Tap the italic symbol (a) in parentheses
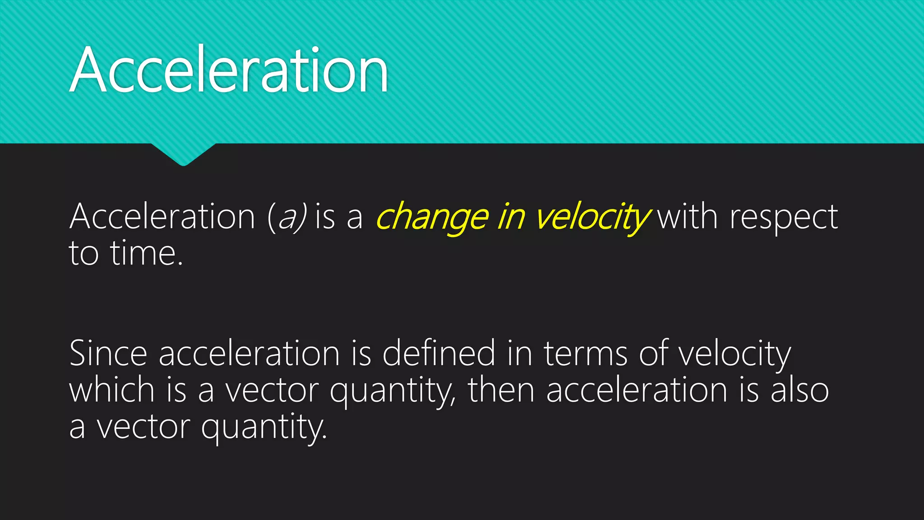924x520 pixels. point(287,218)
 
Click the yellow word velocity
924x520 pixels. point(592,218)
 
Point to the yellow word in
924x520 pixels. point(511,217)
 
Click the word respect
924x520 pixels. point(784,218)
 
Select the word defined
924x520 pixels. point(439,353)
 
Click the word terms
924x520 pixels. point(585,353)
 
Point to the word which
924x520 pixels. point(112,390)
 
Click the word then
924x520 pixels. point(501,390)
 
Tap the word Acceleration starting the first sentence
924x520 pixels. point(162,217)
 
